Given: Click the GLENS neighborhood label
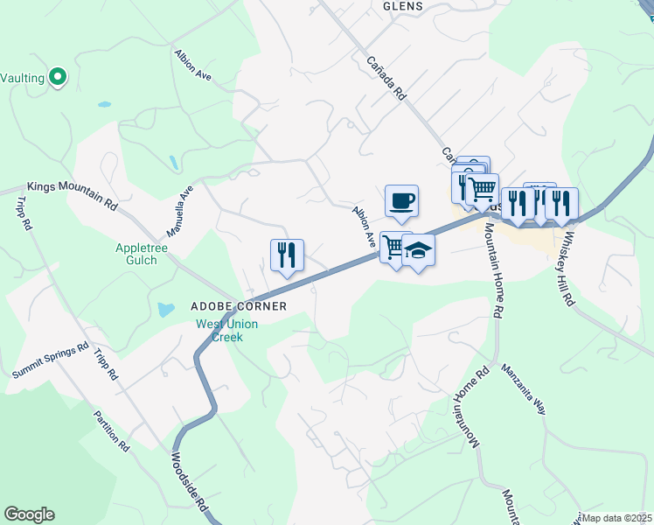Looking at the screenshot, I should pyautogui.click(x=403, y=6).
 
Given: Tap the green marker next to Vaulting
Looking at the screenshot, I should pyautogui.click(x=59, y=78).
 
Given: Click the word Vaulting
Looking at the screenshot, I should pyautogui.click(x=23, y=78).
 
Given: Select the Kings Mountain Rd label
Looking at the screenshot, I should pyautogui.click(x=72, y=193).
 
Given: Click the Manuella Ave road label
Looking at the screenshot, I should pyautogui.click(x=179, y=211).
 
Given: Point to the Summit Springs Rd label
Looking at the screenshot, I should pyautogui.click(x=51, y=360).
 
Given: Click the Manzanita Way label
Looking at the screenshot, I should pyautogui.click(x=524, y=388).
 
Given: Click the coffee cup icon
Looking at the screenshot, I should pyautogui.click(x=401, y=200).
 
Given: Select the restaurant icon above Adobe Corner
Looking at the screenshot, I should pyautogui.click(x=287, y=255).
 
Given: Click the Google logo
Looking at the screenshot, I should pyautogui.click(x=29, y=514).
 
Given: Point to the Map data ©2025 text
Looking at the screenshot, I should pyautogui.click(x=616, y=518).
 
